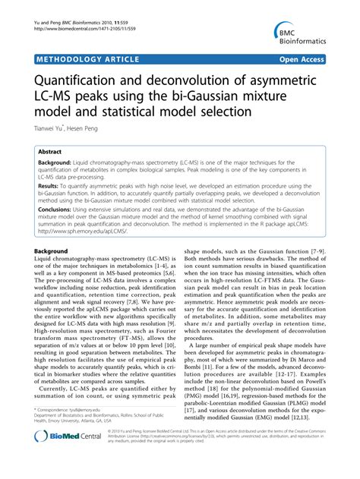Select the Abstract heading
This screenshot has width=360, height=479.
50,151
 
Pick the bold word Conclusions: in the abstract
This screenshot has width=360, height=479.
58,207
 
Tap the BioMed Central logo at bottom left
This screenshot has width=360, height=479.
68,458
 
